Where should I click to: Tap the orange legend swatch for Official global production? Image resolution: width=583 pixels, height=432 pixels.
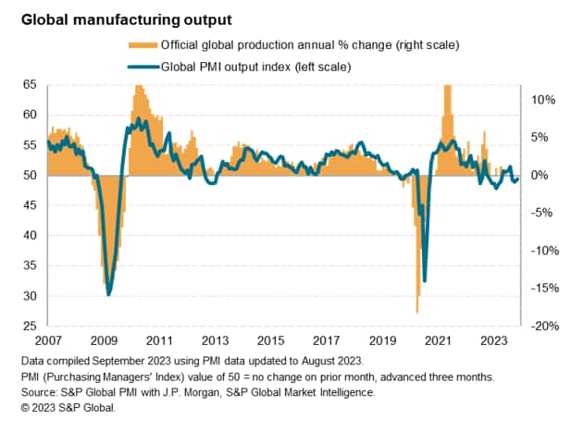[x=141, y=44]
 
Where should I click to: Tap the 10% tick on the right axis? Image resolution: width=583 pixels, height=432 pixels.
[x=543, y=99]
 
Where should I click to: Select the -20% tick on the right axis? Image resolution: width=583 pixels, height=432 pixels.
[x=541, y=326]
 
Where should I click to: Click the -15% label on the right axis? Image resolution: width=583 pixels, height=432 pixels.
[x=541, y=288]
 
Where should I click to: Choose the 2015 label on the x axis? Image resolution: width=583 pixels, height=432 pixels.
[x=272, y=339]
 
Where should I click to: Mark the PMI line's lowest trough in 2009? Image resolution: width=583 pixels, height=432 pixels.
[x=108, y=294]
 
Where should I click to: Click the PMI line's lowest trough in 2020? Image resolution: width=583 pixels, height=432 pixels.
[x=425, y=280]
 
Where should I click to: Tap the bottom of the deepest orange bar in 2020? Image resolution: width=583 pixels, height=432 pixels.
[x=418, y=314]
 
